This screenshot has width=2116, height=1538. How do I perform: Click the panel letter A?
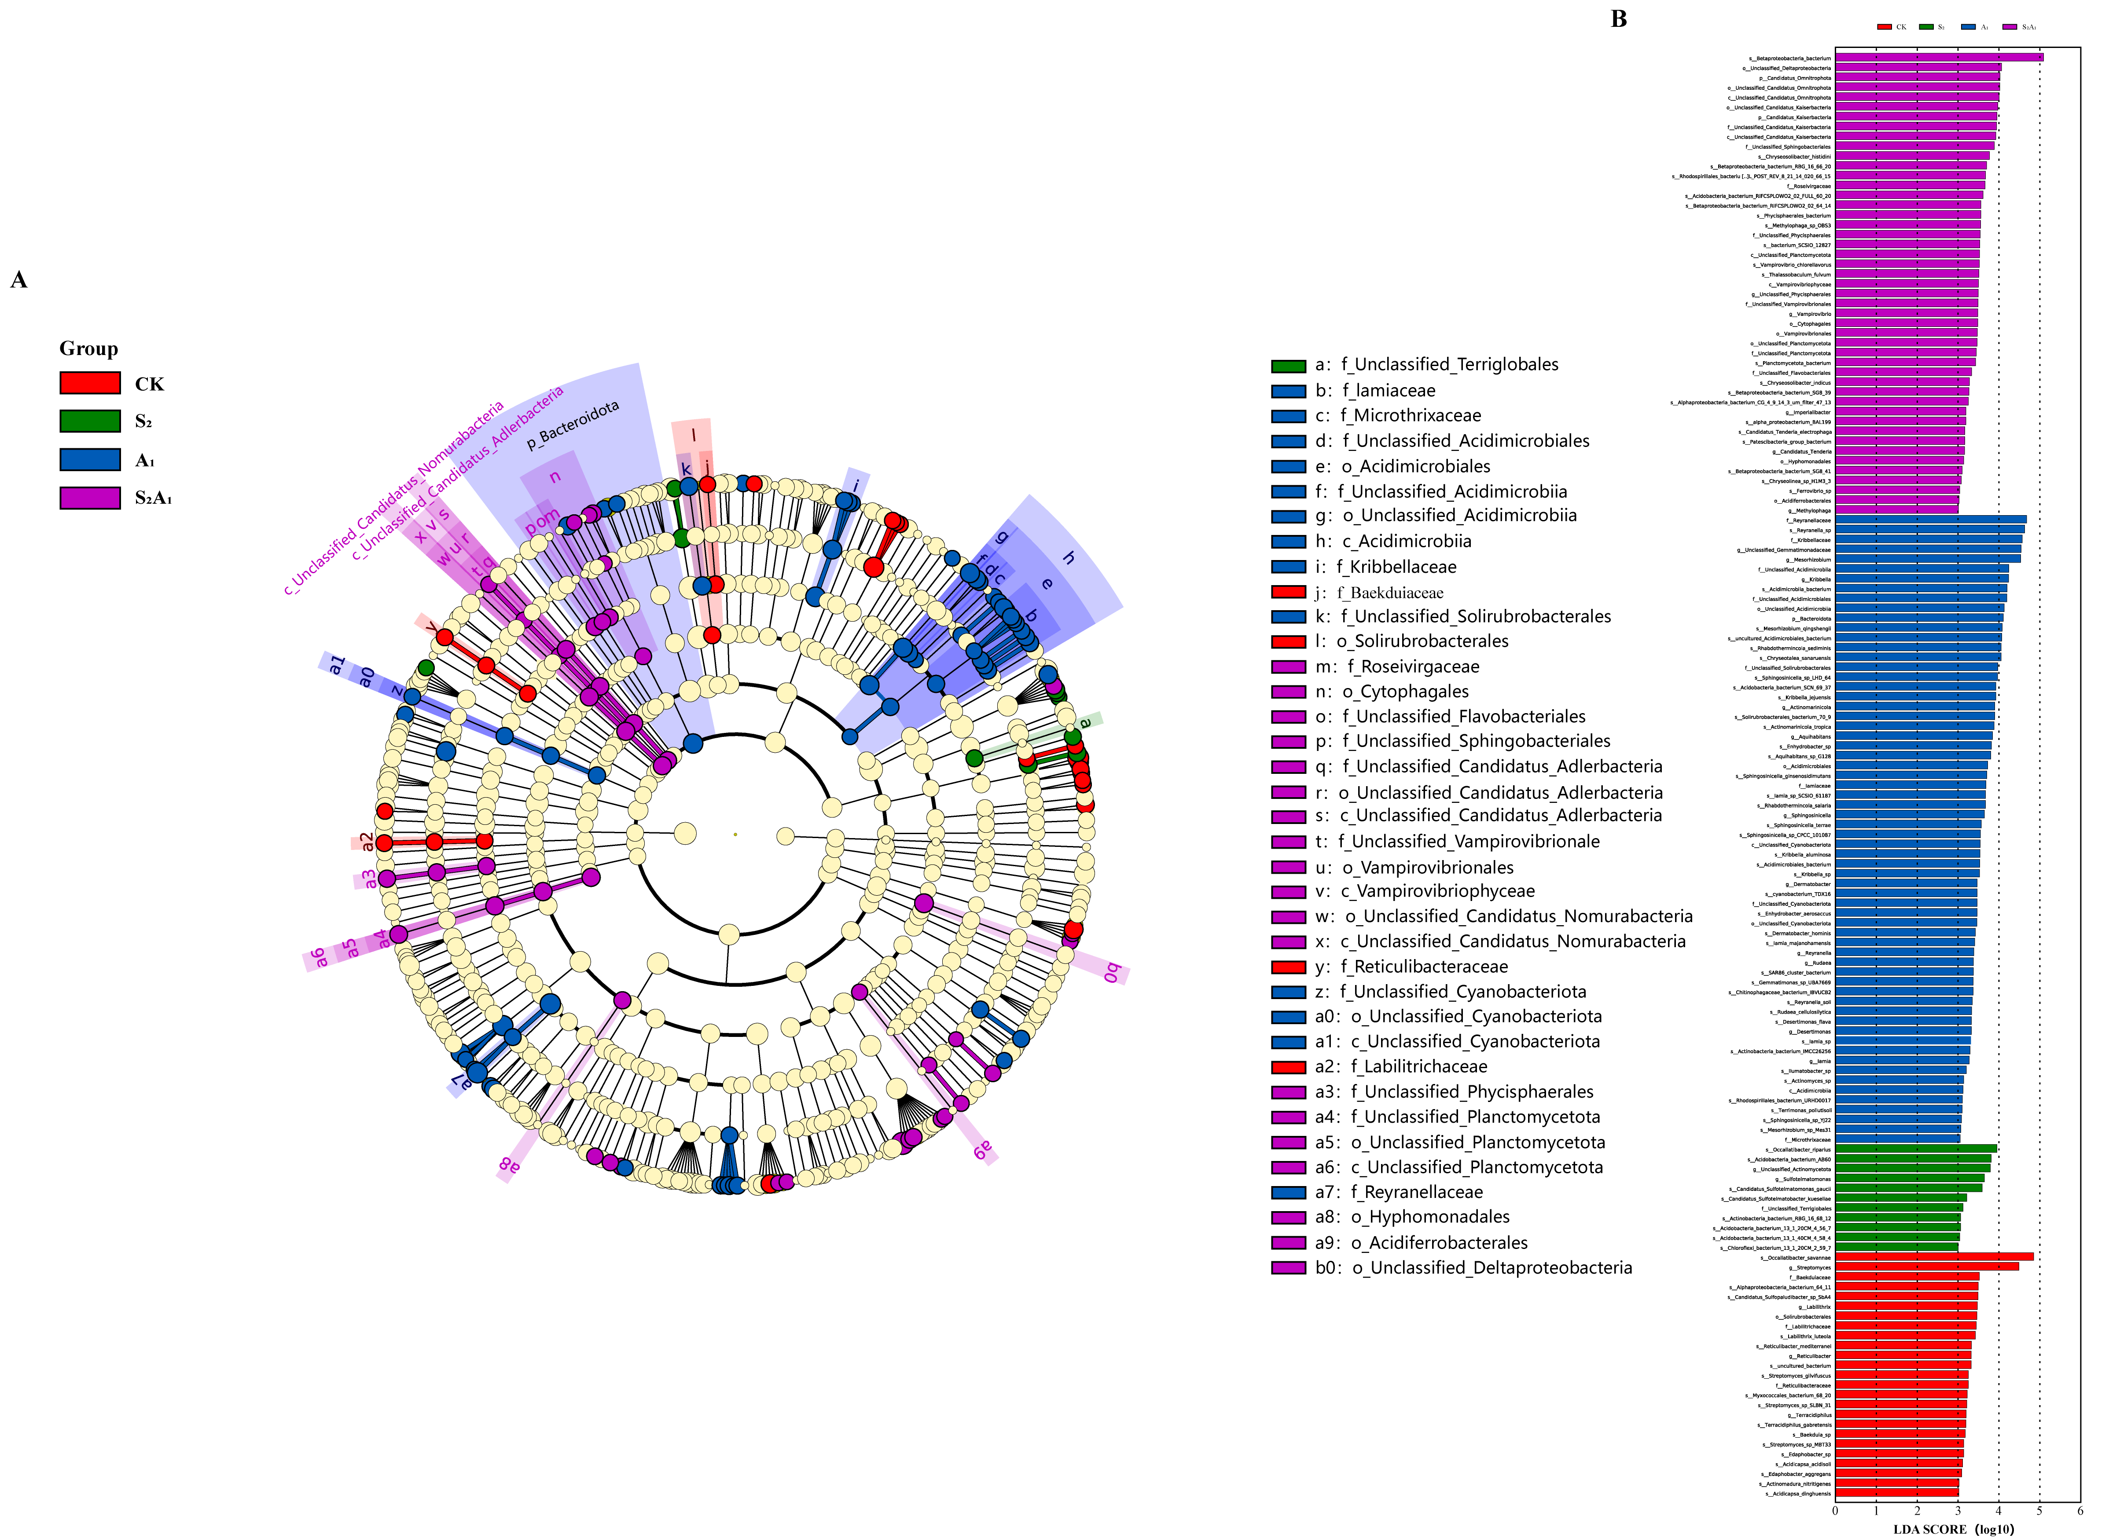18,280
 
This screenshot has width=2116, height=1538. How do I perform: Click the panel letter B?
1619,20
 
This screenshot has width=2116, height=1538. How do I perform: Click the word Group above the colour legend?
88,349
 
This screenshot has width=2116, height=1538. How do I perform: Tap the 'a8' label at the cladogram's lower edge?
509,1164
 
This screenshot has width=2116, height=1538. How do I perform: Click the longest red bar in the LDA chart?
1933,1257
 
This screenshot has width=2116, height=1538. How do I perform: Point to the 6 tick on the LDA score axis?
2080,1511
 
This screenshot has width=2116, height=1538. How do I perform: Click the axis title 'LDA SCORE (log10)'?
1953,1529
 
